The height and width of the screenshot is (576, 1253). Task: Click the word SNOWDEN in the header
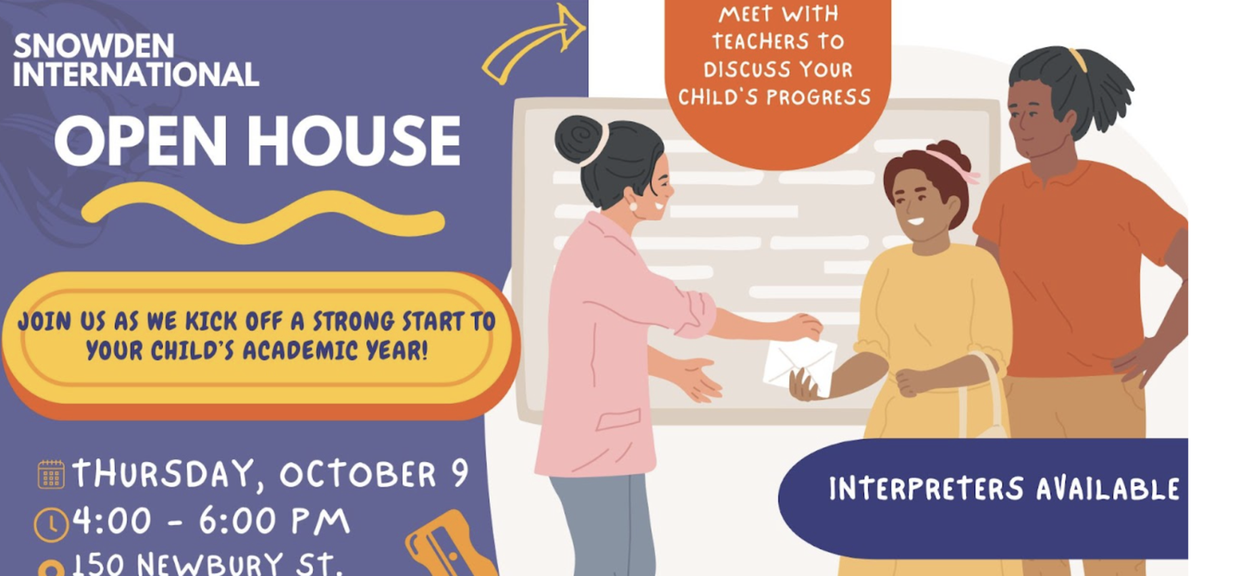tap(94, 46)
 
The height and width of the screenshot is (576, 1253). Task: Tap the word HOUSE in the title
tap(353, 141)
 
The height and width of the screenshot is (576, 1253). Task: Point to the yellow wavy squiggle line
tap(263, 212)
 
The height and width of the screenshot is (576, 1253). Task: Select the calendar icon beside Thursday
tap(51, 474)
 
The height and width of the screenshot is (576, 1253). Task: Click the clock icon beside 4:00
tap(51, 525)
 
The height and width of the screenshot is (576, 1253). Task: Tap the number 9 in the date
tap(460, 472)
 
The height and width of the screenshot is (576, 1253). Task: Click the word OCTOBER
tap(358, 474)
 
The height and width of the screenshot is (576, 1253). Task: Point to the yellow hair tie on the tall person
tap(1078, 60)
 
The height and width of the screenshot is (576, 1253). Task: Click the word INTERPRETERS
tap(927, 489)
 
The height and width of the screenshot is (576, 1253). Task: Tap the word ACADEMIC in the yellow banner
tap(300, 350)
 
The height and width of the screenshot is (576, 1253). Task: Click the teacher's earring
tap(634, 205)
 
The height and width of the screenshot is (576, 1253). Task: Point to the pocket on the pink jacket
tap(618, 419)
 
